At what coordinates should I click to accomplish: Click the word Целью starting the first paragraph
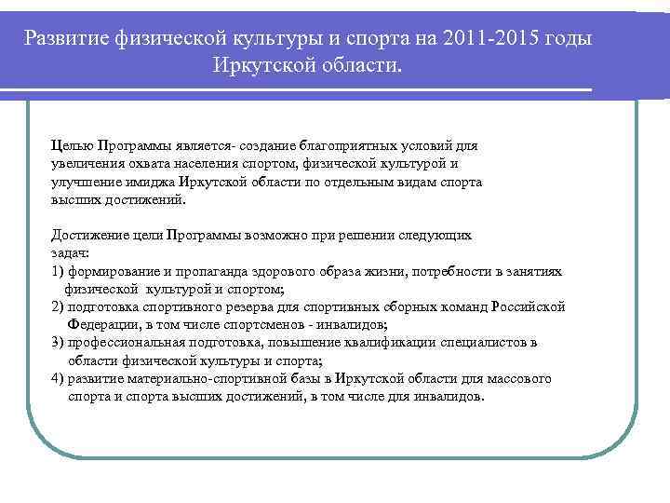tap(71, 145)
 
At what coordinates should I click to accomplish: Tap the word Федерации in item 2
tap(100, 324)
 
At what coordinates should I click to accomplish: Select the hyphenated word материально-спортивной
tap(198, 378)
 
